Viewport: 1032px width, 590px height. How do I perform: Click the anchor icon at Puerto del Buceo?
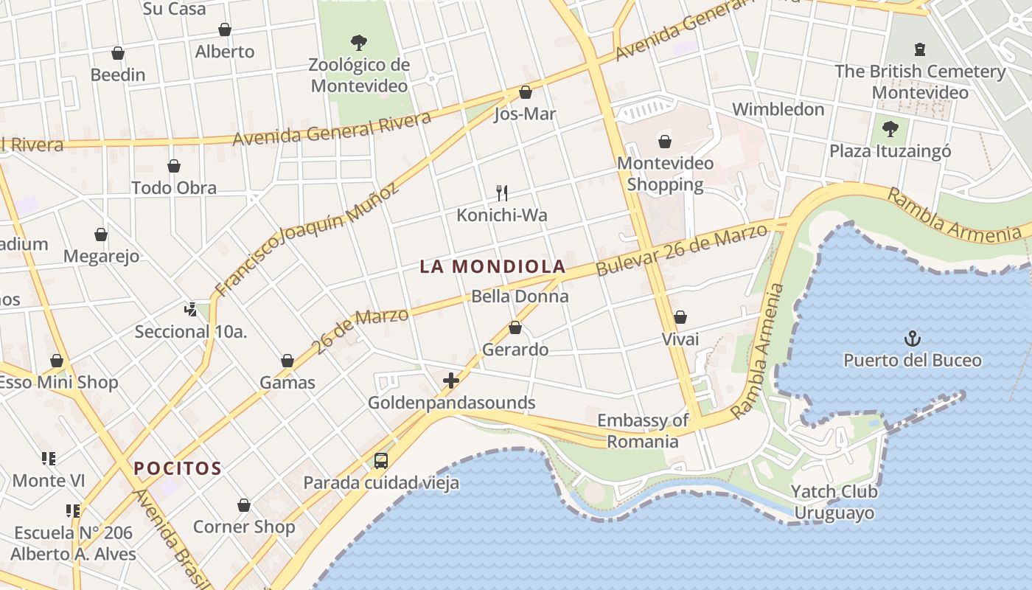pos(913,339)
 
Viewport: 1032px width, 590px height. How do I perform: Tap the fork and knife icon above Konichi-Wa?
pos(502,193)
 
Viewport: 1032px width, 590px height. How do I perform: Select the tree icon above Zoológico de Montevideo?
pos(359,42)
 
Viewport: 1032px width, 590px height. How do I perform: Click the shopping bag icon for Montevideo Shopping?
pos(665,142)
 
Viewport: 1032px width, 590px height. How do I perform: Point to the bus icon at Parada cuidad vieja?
pos(380,461)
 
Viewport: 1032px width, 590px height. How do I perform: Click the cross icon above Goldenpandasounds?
pos(451,381)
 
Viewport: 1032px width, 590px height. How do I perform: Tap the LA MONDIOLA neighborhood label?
pos(492,266)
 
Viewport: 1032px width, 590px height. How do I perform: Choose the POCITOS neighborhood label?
pos(178,468)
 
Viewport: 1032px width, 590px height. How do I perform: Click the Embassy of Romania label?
pos(642,431)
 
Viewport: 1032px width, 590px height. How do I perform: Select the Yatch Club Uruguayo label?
pos(834,502)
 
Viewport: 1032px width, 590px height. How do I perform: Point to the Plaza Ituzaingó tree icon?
pos(890,129)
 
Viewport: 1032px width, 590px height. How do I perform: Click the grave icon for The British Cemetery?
pos(919,49)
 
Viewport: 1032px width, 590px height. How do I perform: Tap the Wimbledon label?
pos(778,109)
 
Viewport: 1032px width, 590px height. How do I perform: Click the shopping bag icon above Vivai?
pos(680,317)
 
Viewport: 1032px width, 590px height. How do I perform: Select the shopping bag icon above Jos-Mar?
pos(525,92)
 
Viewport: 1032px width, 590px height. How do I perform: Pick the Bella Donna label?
pos(520,296)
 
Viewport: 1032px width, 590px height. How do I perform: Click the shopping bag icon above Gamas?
pos(287,361)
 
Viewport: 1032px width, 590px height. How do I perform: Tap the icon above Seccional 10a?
pos(191,310)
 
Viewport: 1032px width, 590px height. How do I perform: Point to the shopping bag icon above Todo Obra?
pos(174,166)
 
